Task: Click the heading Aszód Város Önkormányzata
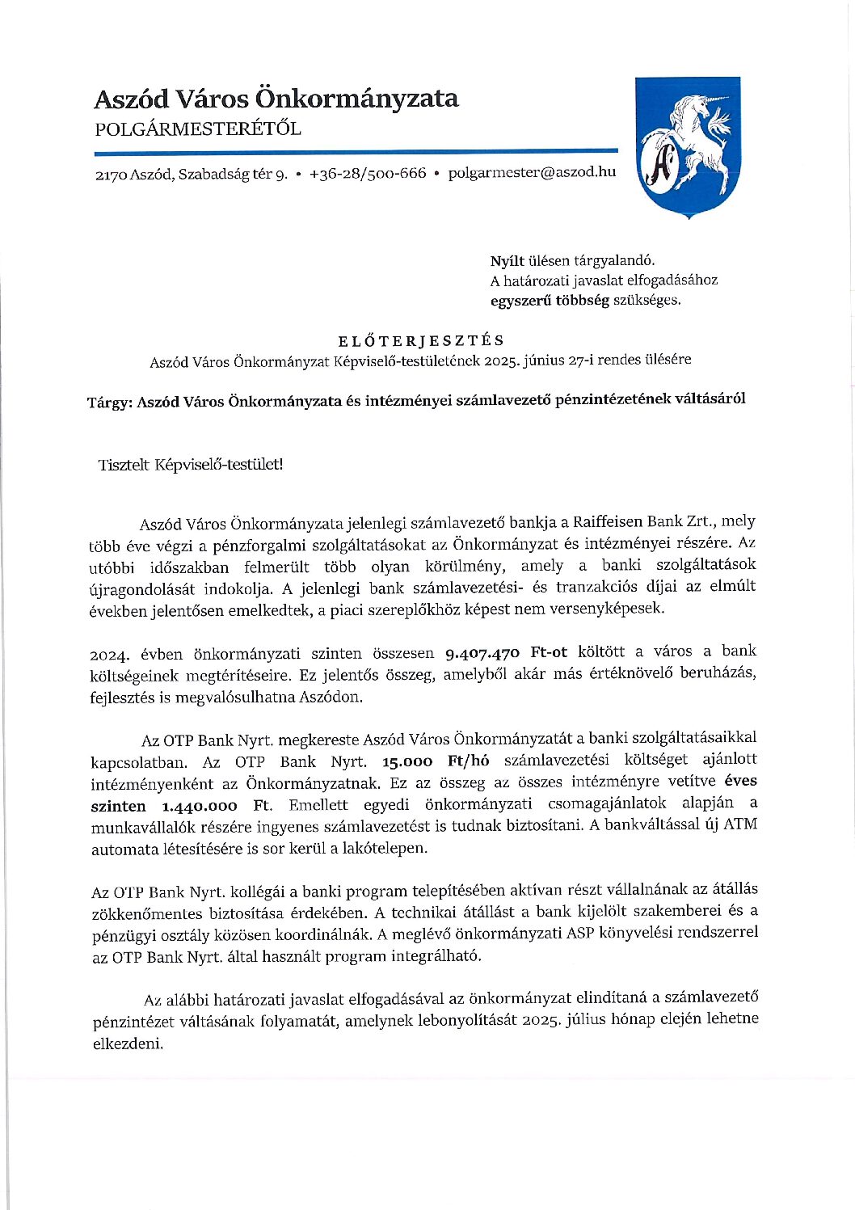click(276, 99)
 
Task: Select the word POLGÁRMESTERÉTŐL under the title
click(197, 129)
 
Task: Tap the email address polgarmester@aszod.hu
click(532, 172)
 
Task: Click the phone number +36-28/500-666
click(368, 173)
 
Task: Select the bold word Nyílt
click(507, 260)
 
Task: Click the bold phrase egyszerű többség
click(550, 300)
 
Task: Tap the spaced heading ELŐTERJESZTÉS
click(420, 340)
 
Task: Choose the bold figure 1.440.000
click(200, 806)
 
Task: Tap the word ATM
click(739, 824)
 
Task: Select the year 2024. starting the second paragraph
click(111, 653)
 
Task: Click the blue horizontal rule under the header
click(356, 151)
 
